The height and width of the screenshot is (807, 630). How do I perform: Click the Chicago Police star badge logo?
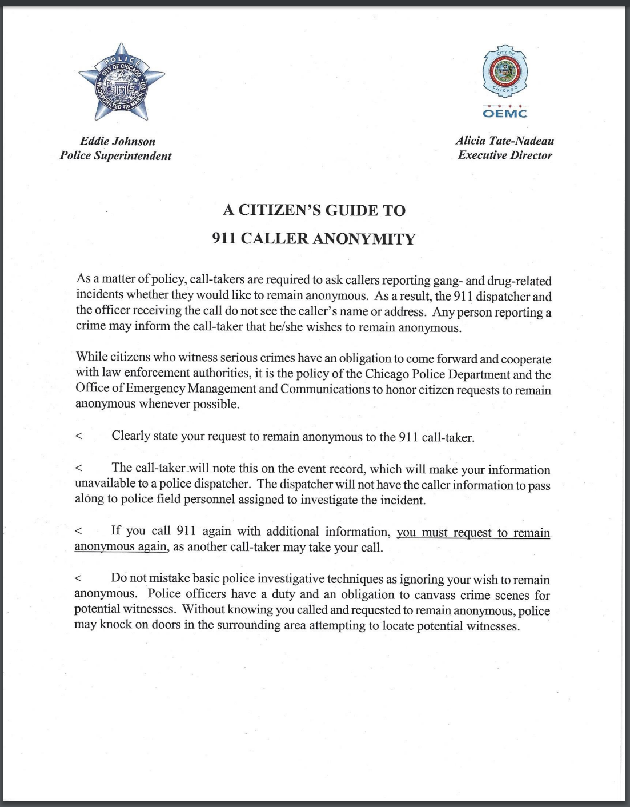click(121, 83)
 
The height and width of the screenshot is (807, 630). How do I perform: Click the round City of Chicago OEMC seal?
click(505, 72)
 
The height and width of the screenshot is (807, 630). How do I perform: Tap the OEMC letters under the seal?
click(505, 113)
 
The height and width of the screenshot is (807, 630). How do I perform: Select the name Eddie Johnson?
click(118, 141)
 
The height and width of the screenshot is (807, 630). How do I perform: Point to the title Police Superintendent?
click(115, 156)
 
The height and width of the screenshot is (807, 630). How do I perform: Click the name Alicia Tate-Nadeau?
click(505, 141)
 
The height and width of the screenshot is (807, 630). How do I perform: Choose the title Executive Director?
click(505, 155)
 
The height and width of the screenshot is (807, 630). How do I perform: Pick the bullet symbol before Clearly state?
click(79, 436)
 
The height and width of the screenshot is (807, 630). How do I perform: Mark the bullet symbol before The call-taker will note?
click(79, 468)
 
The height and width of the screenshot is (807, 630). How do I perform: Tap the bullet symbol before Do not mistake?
click(79, 578)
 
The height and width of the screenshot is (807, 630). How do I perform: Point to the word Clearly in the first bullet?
click(131, 436)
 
